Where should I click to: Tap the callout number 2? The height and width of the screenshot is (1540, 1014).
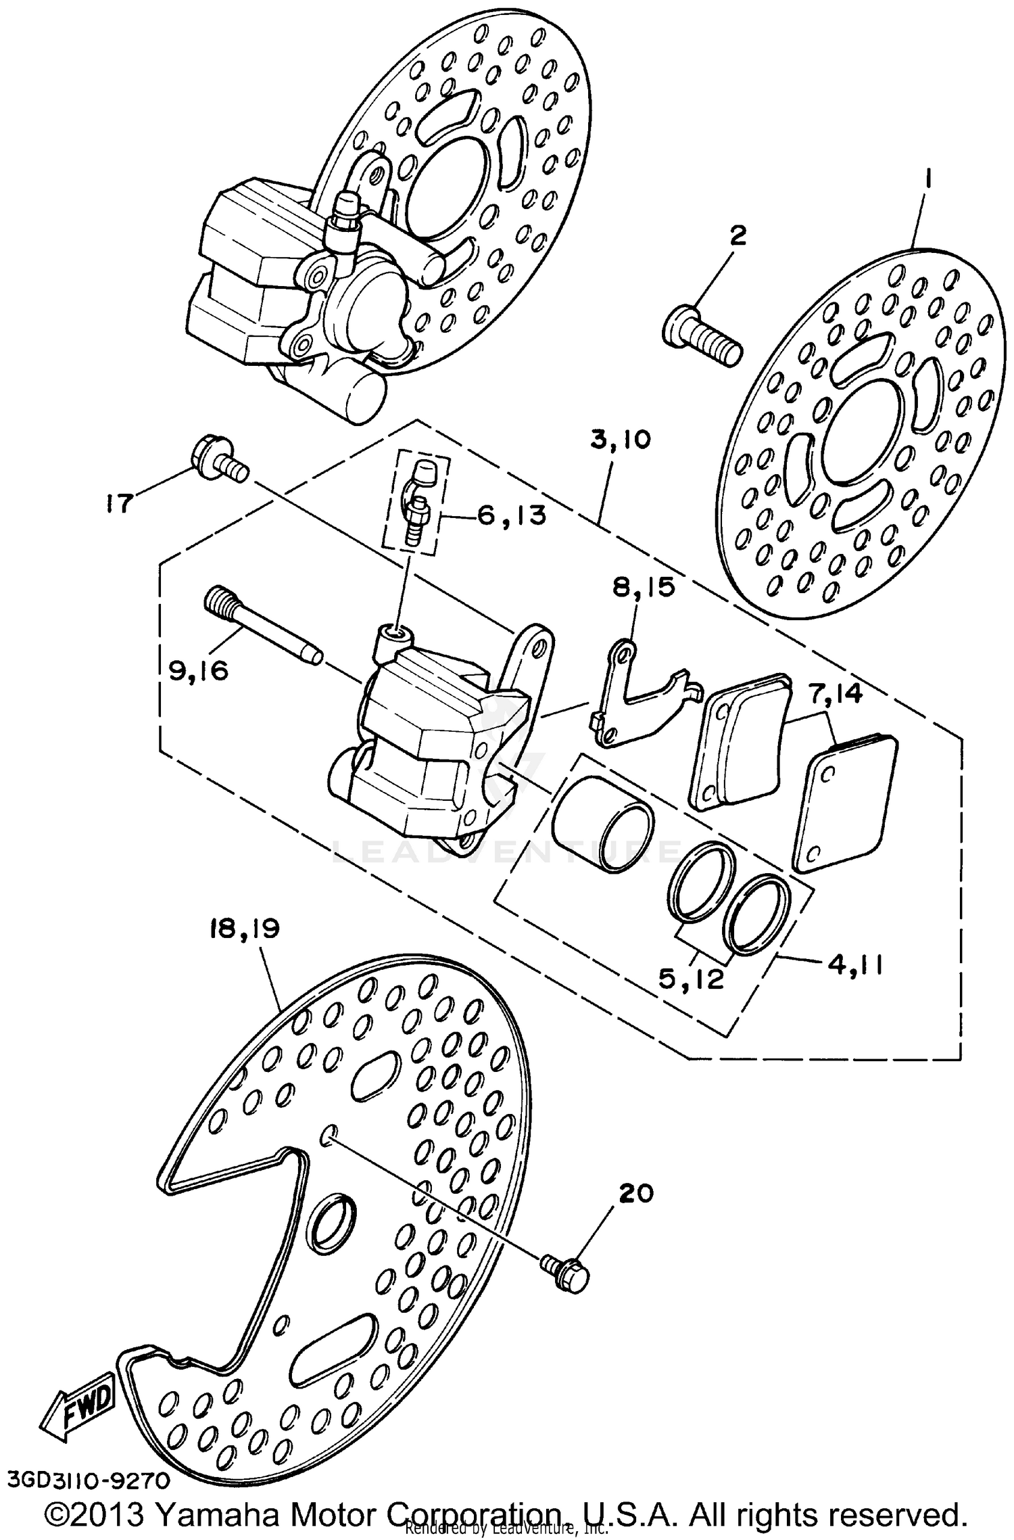(x=738, y=236)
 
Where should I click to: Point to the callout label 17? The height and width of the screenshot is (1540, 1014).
(x=118, y=504)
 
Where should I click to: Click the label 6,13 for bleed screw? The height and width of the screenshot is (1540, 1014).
(x=511, y=515)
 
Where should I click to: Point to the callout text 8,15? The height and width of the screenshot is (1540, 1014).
(x=644, y=587)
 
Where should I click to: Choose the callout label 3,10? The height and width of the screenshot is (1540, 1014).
(x=620, y=440)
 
